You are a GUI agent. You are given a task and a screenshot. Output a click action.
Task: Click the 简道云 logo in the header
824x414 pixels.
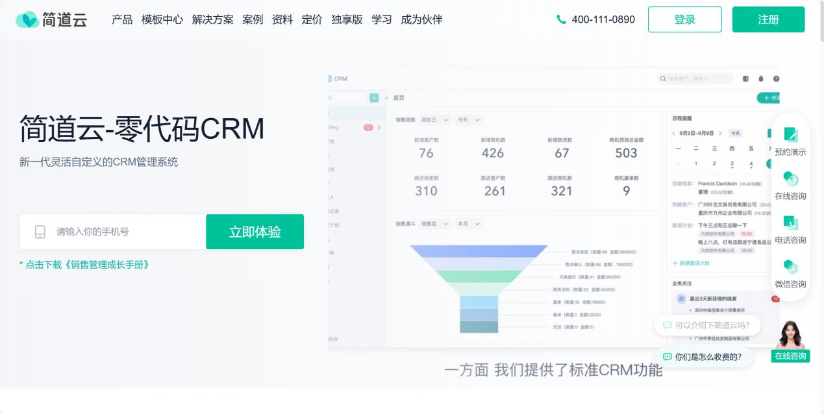coord(51,19)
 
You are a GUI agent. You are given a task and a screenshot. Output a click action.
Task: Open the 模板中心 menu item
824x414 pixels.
coord(162,19)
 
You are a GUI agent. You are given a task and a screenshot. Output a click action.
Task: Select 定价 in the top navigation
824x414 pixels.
coord(312,19)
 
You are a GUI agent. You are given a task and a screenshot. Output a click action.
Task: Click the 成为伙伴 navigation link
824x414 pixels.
coord(421,19)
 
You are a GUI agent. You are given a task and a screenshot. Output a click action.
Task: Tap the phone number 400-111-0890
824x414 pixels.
coord(603,19)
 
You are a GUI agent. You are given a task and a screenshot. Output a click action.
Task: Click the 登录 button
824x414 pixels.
coord(684,19)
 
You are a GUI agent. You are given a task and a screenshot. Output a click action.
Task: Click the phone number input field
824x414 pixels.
coord(123,232)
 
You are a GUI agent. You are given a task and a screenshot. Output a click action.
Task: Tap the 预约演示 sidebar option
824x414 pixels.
coord(790,142)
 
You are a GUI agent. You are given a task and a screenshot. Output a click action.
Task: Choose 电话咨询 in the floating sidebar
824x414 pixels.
coord(790,230)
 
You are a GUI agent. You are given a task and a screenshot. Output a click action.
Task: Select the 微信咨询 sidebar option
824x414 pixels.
coord(790,274)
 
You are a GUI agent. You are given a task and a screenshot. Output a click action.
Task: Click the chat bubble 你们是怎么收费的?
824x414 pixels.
coord(703,356)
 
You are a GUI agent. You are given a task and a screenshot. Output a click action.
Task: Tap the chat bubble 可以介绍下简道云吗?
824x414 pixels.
coord(707,325)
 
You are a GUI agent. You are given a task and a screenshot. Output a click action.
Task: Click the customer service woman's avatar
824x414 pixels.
coord(790,336)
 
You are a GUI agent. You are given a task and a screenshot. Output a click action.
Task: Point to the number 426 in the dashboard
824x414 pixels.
coord(493,153)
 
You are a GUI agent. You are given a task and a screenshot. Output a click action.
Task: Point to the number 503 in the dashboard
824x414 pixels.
coord(626,153)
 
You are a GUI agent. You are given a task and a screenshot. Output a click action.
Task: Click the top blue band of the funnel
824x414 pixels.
coord(479,251)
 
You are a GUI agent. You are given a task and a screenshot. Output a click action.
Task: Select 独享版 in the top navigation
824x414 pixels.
coord(347,19)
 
